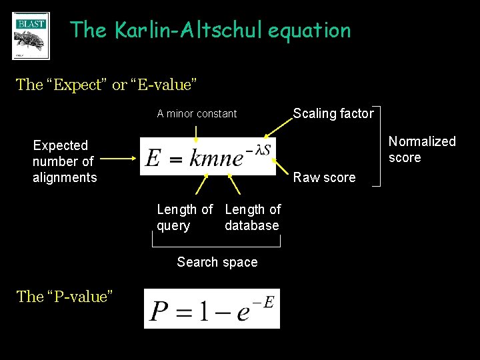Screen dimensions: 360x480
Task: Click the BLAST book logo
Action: pos(31,36)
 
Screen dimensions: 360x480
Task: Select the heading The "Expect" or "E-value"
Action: pos(106,85)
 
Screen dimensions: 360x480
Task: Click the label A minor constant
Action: pos(197,114)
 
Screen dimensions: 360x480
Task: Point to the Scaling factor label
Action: pos(333,113)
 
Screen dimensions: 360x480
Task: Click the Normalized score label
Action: pos(421,149)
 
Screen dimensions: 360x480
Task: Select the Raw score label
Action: pos(325,177)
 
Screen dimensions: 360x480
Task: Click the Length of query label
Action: pos(185,217)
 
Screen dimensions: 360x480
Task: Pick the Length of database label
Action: pos(252,217)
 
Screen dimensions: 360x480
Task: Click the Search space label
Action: pos(217,262)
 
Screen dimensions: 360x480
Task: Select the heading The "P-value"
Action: pos(64,297)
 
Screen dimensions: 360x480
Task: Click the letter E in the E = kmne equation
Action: pos(153,159)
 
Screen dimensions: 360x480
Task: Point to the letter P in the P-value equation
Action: pos(159,311)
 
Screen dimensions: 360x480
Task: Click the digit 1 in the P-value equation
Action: pos(202,311)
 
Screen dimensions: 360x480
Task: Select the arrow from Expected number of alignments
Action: pos(119,159)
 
